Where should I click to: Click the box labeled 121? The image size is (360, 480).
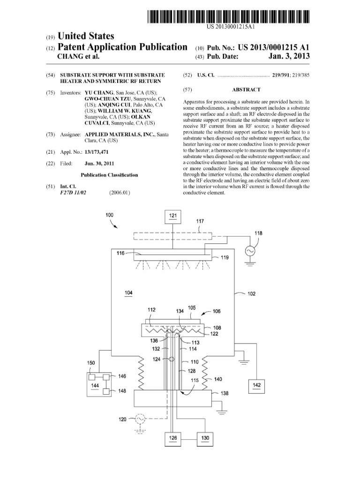coord(173,216)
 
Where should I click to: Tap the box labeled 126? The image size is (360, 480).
coord(173,439)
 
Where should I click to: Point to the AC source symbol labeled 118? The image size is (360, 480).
coord(249,252)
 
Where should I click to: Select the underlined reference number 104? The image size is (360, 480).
coord(128,293)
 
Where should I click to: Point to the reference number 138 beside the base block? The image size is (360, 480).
coord(225,394)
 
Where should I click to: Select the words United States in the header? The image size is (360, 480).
coord(85,37)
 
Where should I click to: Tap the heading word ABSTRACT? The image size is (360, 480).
coord(246,90)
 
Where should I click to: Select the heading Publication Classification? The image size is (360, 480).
coord(109,175)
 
